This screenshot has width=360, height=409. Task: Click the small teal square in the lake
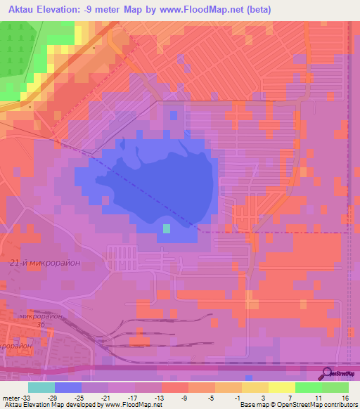tap(167, 228)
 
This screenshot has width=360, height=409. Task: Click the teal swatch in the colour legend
tap(41, 387)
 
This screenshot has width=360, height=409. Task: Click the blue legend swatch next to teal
tap(68, 387)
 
